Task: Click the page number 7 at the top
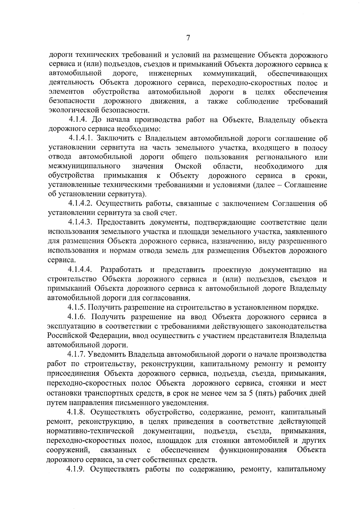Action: pyautogui.click(x=188, y=38)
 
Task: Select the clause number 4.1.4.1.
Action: pyautogui.click(x=80, y=139)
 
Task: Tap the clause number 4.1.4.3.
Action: pyautogui.click(x=80, y=222)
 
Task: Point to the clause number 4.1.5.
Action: pyautogui.click(x=77, y=307)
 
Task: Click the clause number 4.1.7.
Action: pyautogui.click(x=77, y=355)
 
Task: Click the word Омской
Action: pyautogui.click(x=188, y=166)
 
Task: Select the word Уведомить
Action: pyautogui.click(x=106, y=355)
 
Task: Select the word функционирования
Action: pyautogui.click(x=253, y=450)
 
